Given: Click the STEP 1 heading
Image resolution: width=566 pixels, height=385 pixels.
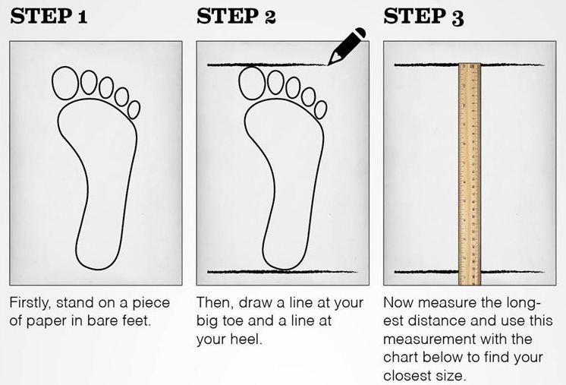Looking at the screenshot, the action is click(49, 16).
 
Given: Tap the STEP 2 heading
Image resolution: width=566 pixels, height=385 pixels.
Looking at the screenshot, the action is click(236, 16).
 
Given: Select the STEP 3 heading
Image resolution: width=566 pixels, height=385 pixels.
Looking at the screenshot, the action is click(423, 17).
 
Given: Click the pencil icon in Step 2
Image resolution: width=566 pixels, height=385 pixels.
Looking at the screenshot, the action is click(346, 46).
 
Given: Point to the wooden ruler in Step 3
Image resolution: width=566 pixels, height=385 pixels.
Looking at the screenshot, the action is click(470, 174).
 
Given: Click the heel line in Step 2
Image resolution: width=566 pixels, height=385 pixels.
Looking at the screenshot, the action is click(282, 272).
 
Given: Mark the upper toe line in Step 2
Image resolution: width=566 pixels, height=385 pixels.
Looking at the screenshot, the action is click(267, 65).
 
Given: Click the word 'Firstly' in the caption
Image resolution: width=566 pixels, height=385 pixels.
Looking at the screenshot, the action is click(30, 304).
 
